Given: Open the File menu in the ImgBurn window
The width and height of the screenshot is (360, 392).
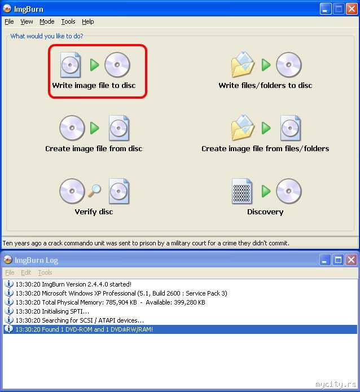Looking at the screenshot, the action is click(x=9, y=22).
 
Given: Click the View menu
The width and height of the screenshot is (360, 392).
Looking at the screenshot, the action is click(x=27, y=22).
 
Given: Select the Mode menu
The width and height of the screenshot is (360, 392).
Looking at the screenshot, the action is click(x=47, y=22).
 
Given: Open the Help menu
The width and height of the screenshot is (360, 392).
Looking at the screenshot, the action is click(x=88, y=22).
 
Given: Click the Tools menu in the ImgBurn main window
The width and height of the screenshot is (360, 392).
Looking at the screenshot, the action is click(x=68, y=22).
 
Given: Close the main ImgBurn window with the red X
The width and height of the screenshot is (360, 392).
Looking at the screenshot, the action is click(x=352, y=9).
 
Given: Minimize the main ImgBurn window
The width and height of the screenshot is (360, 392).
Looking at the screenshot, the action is click(x=326, y=9).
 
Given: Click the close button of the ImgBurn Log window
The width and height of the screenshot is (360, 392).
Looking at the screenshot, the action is click(x=351, y=260).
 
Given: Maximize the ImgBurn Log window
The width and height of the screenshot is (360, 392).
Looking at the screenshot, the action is click(x=338, y=260).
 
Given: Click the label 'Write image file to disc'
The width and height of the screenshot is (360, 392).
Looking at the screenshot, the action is click(x=94, y=86).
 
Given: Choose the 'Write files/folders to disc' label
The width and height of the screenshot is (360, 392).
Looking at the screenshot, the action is click(x=265, y=86).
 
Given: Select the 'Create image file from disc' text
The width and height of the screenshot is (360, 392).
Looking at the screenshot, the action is click(x=94, y=149).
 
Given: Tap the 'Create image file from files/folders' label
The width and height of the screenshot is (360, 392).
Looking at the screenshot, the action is click(x=265, y=149).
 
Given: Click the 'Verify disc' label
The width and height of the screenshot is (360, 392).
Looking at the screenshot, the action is click(x=94, y=212).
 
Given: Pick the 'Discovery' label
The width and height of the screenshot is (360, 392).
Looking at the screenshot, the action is click(x=265, y=212).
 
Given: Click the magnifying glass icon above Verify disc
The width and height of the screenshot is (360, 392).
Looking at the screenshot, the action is click(x=95, y=191).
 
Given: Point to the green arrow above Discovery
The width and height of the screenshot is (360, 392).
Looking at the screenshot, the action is click(x=266, y=191).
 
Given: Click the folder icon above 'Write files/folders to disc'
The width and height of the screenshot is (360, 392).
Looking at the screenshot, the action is click(x=243, y=64).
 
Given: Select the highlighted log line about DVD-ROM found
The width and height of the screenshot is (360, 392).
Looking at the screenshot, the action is click(x=84, y=329).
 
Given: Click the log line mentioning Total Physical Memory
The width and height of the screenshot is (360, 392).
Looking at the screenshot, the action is click(x=111, y=302).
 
